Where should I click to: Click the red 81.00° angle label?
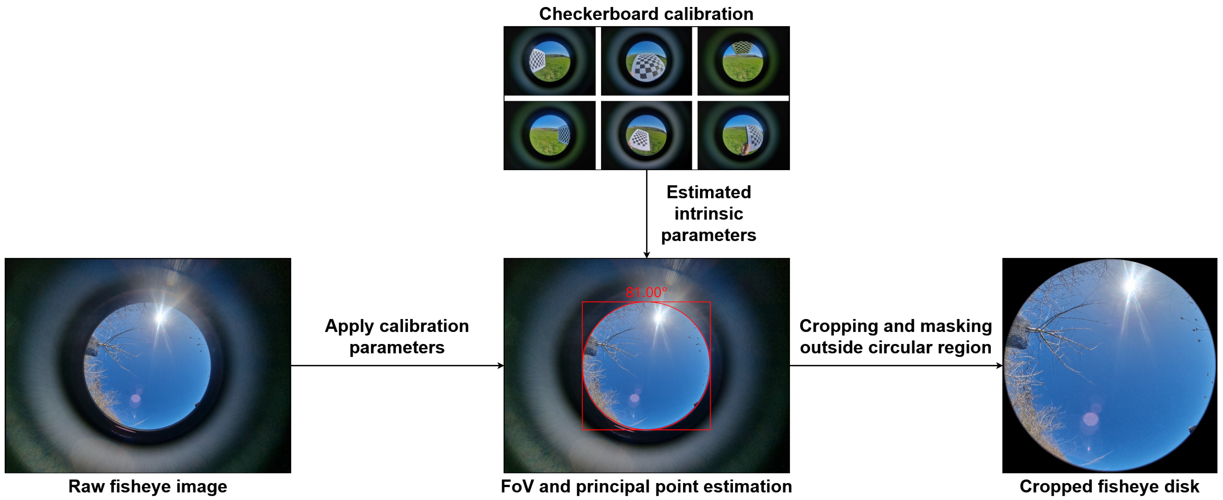pos(646,292)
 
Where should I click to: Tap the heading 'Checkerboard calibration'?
pos(646,14)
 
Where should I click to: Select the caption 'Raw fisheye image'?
pos(148,486)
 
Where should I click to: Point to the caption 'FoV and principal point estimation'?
pos(646,486)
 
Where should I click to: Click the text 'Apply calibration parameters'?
pos(397,336)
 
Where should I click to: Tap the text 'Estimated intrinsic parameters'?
pos(708,213)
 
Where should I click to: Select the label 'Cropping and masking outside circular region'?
pos(895,336)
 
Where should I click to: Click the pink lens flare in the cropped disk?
pos(1090,419)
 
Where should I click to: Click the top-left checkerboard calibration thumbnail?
pos(549,61)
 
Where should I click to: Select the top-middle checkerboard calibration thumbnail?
pos(646,61)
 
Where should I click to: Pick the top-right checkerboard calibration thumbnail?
pos(743,61)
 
